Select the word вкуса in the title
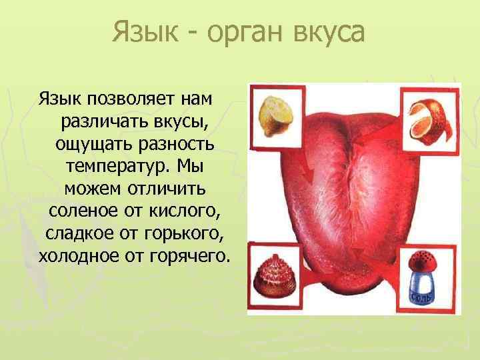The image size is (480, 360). click(327, 32)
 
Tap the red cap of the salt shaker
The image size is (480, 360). click(423, 261)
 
